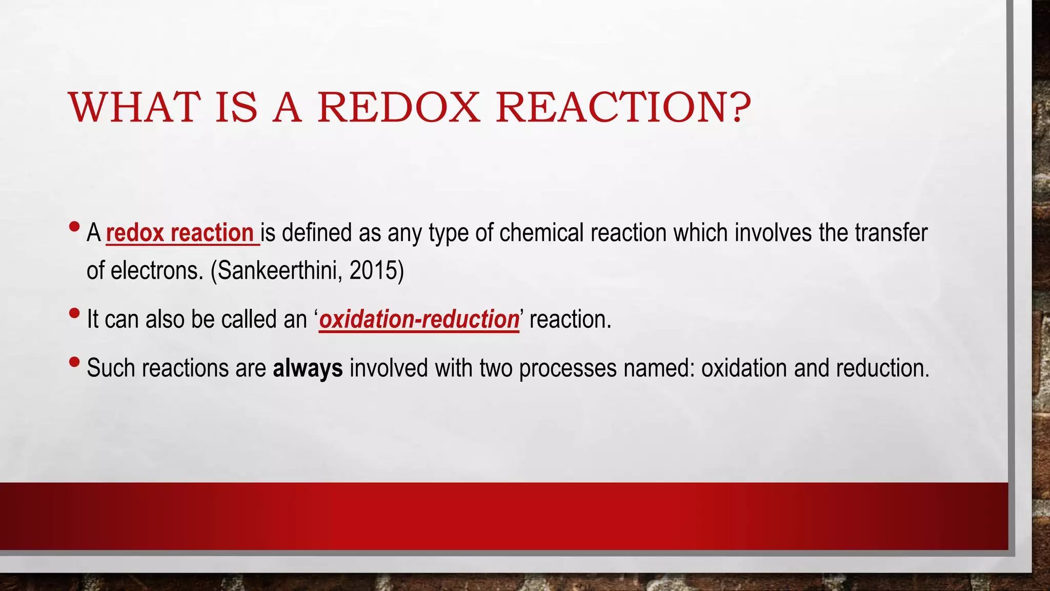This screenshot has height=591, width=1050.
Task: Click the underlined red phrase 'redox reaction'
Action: (x=180, y=233)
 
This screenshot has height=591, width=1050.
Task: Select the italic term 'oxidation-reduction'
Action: (x=419, y=319)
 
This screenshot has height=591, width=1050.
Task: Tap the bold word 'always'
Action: (x=308, y=368)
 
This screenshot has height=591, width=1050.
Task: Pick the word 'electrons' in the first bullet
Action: (x=157, y=270)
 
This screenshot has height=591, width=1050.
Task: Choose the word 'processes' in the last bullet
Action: (x=568, y=368)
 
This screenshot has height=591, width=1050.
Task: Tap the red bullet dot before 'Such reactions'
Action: (x=74, y=362)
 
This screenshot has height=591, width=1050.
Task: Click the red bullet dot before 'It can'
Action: (x=74, y=313)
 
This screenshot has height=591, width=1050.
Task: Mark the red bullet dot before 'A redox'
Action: (x=74, y=226)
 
